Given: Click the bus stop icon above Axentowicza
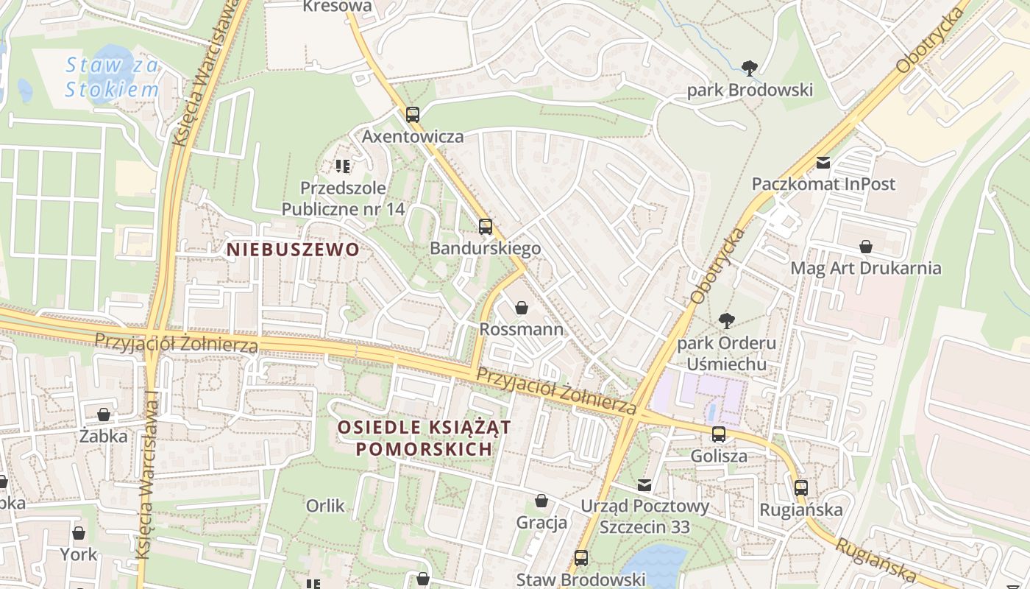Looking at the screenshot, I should pyautogui.click(x=412, y=115).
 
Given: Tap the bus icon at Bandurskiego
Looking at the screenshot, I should pyautogui.click(x=485, y=227).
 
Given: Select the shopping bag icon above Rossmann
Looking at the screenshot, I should pyautogui.click(x=522, y=308).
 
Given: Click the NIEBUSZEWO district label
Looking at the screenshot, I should pyautogui.click(x=293, y=250).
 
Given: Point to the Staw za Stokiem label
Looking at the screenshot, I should pyautogui.click(x=112, y=77).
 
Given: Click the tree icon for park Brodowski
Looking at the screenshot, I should pyautogui.click(x=750, y=69).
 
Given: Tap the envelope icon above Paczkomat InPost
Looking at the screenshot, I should pyautogui.click(x=823, y=163).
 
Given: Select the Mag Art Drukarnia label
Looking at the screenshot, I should pyautogui.click(x=865, y=268).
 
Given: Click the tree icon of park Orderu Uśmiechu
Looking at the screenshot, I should pyautogui.click(x=726, y=321).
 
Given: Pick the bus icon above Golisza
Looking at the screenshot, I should pyautogui.click(x=719, y=434).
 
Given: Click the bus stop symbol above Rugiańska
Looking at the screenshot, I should pyautogui.click(x=800, y=487).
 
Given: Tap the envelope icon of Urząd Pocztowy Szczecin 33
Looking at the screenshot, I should pyautogui.click(x=644, y=485).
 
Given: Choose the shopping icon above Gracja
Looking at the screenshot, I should pyautogui.click(x=541, y=501).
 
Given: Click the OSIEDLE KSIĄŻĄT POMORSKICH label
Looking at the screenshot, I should pyautogui.click(x=424, y=438).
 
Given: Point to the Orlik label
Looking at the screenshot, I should pyautogui.click(x=325, y=506).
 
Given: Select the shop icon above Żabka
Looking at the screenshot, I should pyautogui.click(x=104, y=415).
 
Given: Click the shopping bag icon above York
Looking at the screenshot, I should pyautogui.click(x=79, y=533).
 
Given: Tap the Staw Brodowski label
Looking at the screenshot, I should pyautogui.click(x=580, y=579).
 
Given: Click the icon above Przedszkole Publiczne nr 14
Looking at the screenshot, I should pyautogui.click(x=342, y=166).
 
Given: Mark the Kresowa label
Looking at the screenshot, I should pyautogui.click(x=337, y=7).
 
